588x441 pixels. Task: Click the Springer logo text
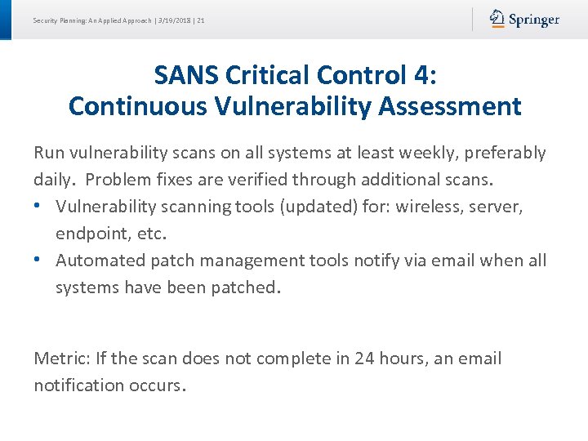534,20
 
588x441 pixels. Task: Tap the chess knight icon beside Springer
497,19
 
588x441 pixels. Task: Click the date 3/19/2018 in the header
172,20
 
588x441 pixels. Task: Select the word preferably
506,153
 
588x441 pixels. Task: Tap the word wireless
427,207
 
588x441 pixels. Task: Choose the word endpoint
87,234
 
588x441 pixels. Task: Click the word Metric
60,359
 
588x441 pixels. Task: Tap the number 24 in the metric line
363,359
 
